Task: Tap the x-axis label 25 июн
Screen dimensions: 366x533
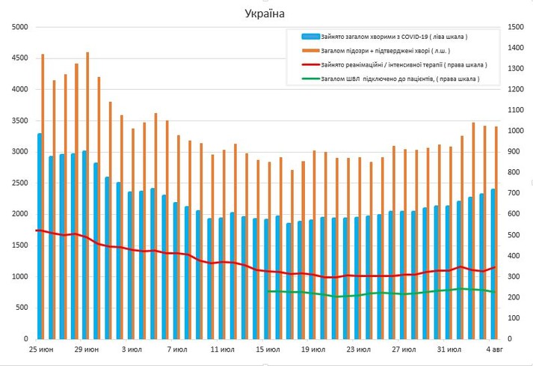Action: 40,350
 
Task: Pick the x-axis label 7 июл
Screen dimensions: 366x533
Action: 176,350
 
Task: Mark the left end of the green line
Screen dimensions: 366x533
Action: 268,291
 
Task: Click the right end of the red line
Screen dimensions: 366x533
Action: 496,266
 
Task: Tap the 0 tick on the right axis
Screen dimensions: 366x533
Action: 510,339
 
